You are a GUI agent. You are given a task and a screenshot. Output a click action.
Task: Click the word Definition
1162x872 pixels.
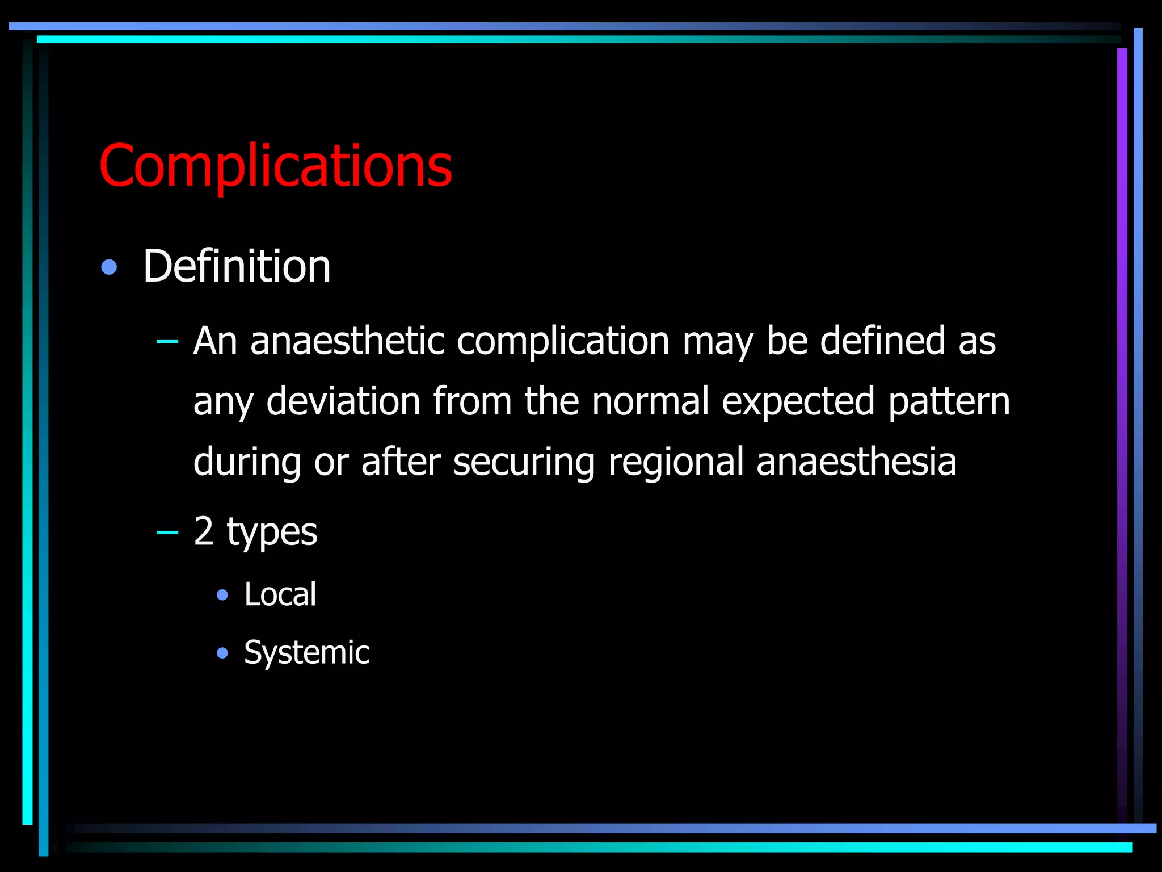click(x=237, y=266)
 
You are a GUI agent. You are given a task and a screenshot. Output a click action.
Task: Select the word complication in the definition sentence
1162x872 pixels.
click(x=563, y=341)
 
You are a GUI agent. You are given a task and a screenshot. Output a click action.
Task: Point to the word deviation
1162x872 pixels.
click(x=343, y=401)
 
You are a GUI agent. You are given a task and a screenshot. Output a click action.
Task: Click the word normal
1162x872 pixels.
click(x=650, y=401)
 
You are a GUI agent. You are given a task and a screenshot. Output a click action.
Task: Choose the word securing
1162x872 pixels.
click(x=524, y=462)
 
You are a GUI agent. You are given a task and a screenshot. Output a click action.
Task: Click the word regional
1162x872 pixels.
click(x=676, y=462)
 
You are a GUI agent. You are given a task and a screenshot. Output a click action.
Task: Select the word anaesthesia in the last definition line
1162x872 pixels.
click(x=856, y=462)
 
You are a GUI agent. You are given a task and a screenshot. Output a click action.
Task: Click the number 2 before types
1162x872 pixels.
click(x=204, y=531)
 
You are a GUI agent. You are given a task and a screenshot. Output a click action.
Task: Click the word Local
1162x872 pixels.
click(x=280, y=594)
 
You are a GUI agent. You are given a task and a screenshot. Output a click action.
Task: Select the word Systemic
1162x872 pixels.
click(x=306, y=652)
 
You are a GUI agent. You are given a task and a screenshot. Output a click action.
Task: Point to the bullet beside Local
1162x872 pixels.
click(x=222, y=595)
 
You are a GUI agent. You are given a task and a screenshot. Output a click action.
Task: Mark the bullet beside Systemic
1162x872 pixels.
click(x=222, y=653)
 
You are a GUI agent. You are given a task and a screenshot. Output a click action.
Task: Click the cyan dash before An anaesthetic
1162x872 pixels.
click(x=167, y=342)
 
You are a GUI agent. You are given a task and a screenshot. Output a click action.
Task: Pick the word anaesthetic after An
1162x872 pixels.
click(x=347, y=341)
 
